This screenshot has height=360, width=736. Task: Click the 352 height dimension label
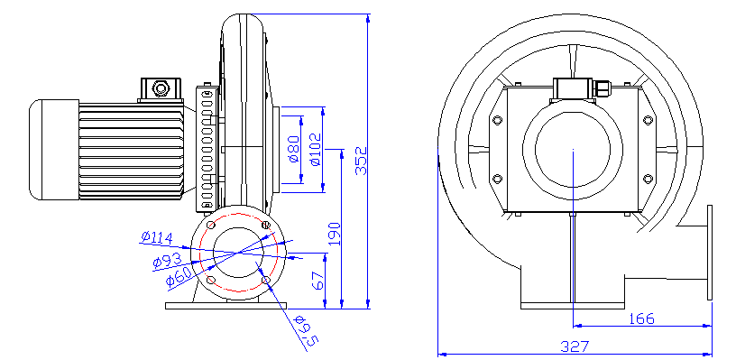tap(361, 161)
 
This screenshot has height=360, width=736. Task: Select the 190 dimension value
tap(335, 234)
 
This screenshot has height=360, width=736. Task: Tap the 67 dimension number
tap(318, 281)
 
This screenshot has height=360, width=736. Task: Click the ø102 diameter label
tap(315, 149)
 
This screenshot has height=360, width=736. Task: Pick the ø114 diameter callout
tap(157, 236)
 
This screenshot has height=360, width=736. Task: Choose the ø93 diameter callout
tap(167, 262)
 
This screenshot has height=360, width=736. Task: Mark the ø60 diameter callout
tap(179, 277)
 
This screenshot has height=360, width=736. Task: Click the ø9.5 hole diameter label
tap(306, 333)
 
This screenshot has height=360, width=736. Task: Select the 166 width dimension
tap(641, 318)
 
